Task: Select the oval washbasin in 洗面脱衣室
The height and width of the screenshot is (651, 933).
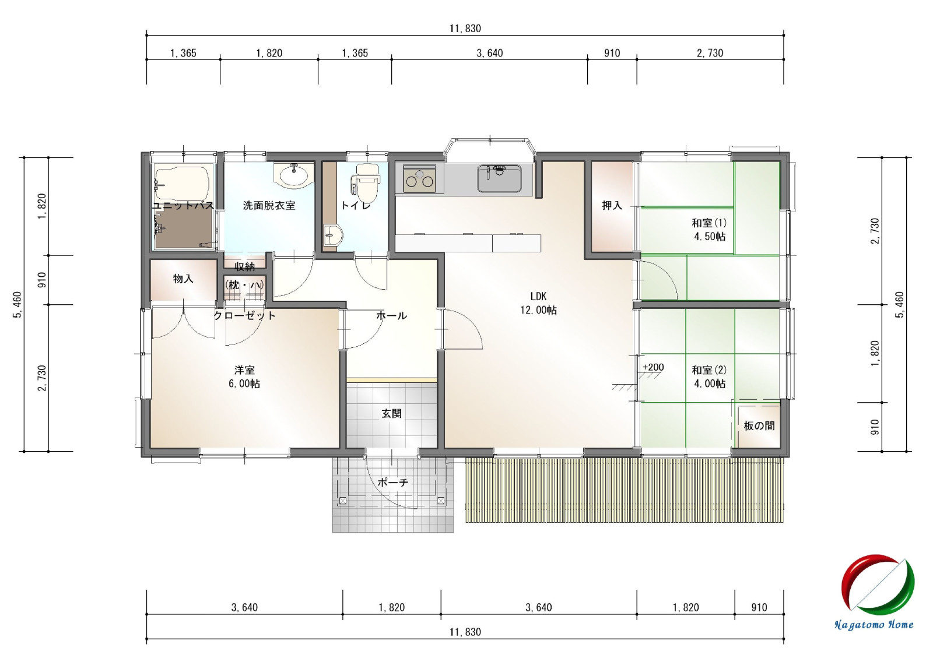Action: point(294,175)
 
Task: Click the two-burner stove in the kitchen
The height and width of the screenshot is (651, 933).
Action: point(420,178)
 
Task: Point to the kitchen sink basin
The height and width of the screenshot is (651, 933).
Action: point(499,178)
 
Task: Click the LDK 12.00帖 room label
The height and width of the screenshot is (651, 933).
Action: point(538,303)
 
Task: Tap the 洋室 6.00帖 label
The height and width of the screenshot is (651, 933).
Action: point(244,376)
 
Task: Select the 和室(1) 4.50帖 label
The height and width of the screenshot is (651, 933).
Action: point(709,230)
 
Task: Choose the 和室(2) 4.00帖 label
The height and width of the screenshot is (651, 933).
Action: point(709,376)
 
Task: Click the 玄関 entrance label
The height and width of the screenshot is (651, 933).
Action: point(391,413)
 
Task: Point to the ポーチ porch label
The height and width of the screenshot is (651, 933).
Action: point(393,483)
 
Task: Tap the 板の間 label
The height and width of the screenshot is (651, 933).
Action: point(759,425)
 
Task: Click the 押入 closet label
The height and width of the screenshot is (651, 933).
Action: point(612,205)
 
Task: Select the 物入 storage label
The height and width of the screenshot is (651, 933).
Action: point(183,279)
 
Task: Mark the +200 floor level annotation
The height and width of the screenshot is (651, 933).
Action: point(653,367)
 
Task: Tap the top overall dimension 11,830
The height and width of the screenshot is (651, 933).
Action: point(465,29)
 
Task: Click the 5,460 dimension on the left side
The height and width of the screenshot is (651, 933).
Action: point(18,304)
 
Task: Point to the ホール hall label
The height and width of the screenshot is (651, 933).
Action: point(391,315)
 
